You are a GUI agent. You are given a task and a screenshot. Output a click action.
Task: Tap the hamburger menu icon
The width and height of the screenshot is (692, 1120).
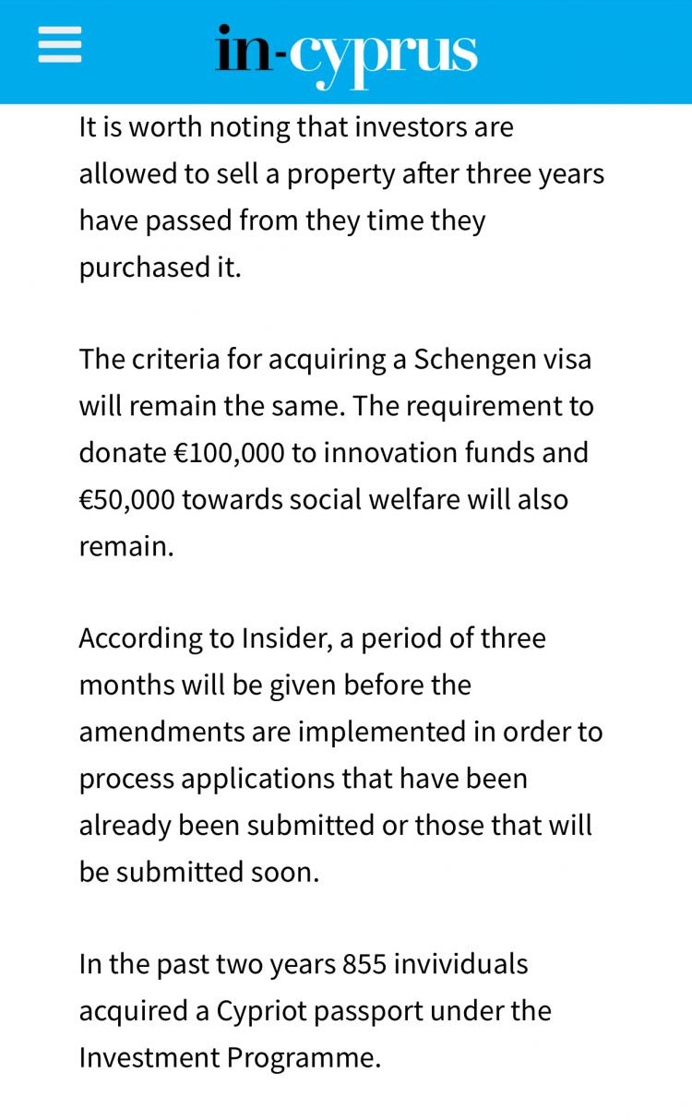click(x=60, y=44)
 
